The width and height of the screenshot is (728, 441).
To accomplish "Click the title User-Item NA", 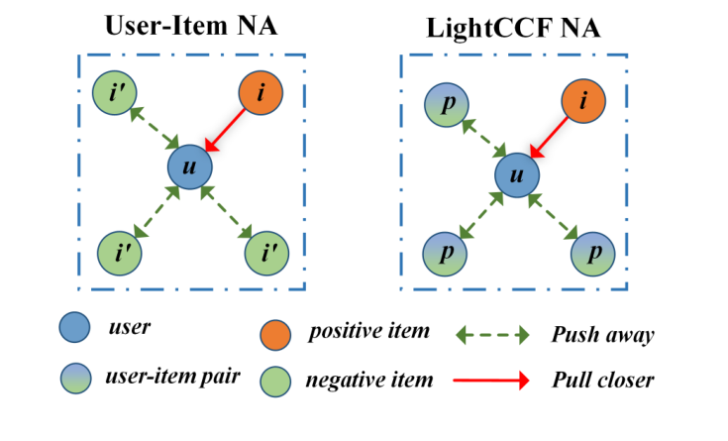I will pyautogui.click(x=191, y=27).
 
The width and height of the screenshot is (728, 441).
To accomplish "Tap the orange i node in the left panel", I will pyautogui.click(x=261, y=95).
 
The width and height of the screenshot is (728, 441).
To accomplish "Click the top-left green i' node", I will pyautogui.click(x=116, y=95).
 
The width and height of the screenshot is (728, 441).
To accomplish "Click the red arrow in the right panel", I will pyautogui.click(x=551, y=140).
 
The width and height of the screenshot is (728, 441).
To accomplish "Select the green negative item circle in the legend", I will pyautogui.click(x=279, y=378).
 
